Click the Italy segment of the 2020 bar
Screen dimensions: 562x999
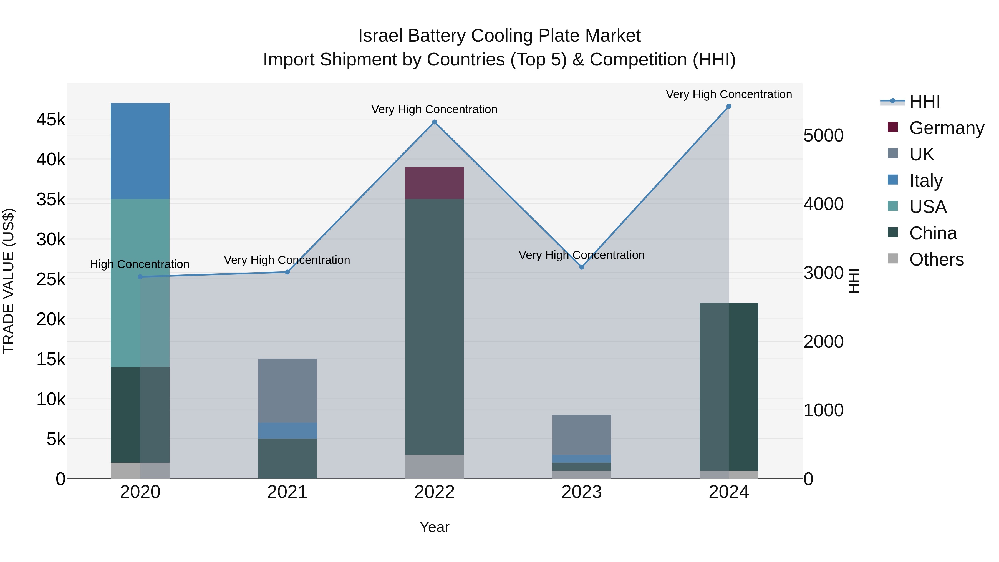[140, 151]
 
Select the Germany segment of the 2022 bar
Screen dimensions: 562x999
[434, 183]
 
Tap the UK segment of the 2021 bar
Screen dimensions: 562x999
[287, 390]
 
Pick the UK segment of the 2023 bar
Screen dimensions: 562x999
[581, 435]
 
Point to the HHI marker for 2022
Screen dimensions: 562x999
[434, 122]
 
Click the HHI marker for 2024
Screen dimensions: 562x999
[729, 106]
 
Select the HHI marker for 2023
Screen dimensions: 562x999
[581, 267]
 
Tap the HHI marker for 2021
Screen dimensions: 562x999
[287, 272]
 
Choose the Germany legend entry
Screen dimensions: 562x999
[946, 128]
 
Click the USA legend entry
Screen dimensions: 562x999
[928, 207]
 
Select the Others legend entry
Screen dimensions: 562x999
[936, 259]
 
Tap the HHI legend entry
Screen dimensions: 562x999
[925, 102]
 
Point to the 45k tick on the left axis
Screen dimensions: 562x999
[51, 119]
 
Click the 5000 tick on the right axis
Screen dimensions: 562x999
[823, 136]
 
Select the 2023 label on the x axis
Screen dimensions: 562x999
[581, 492]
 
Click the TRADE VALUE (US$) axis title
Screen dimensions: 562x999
[9, 281]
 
